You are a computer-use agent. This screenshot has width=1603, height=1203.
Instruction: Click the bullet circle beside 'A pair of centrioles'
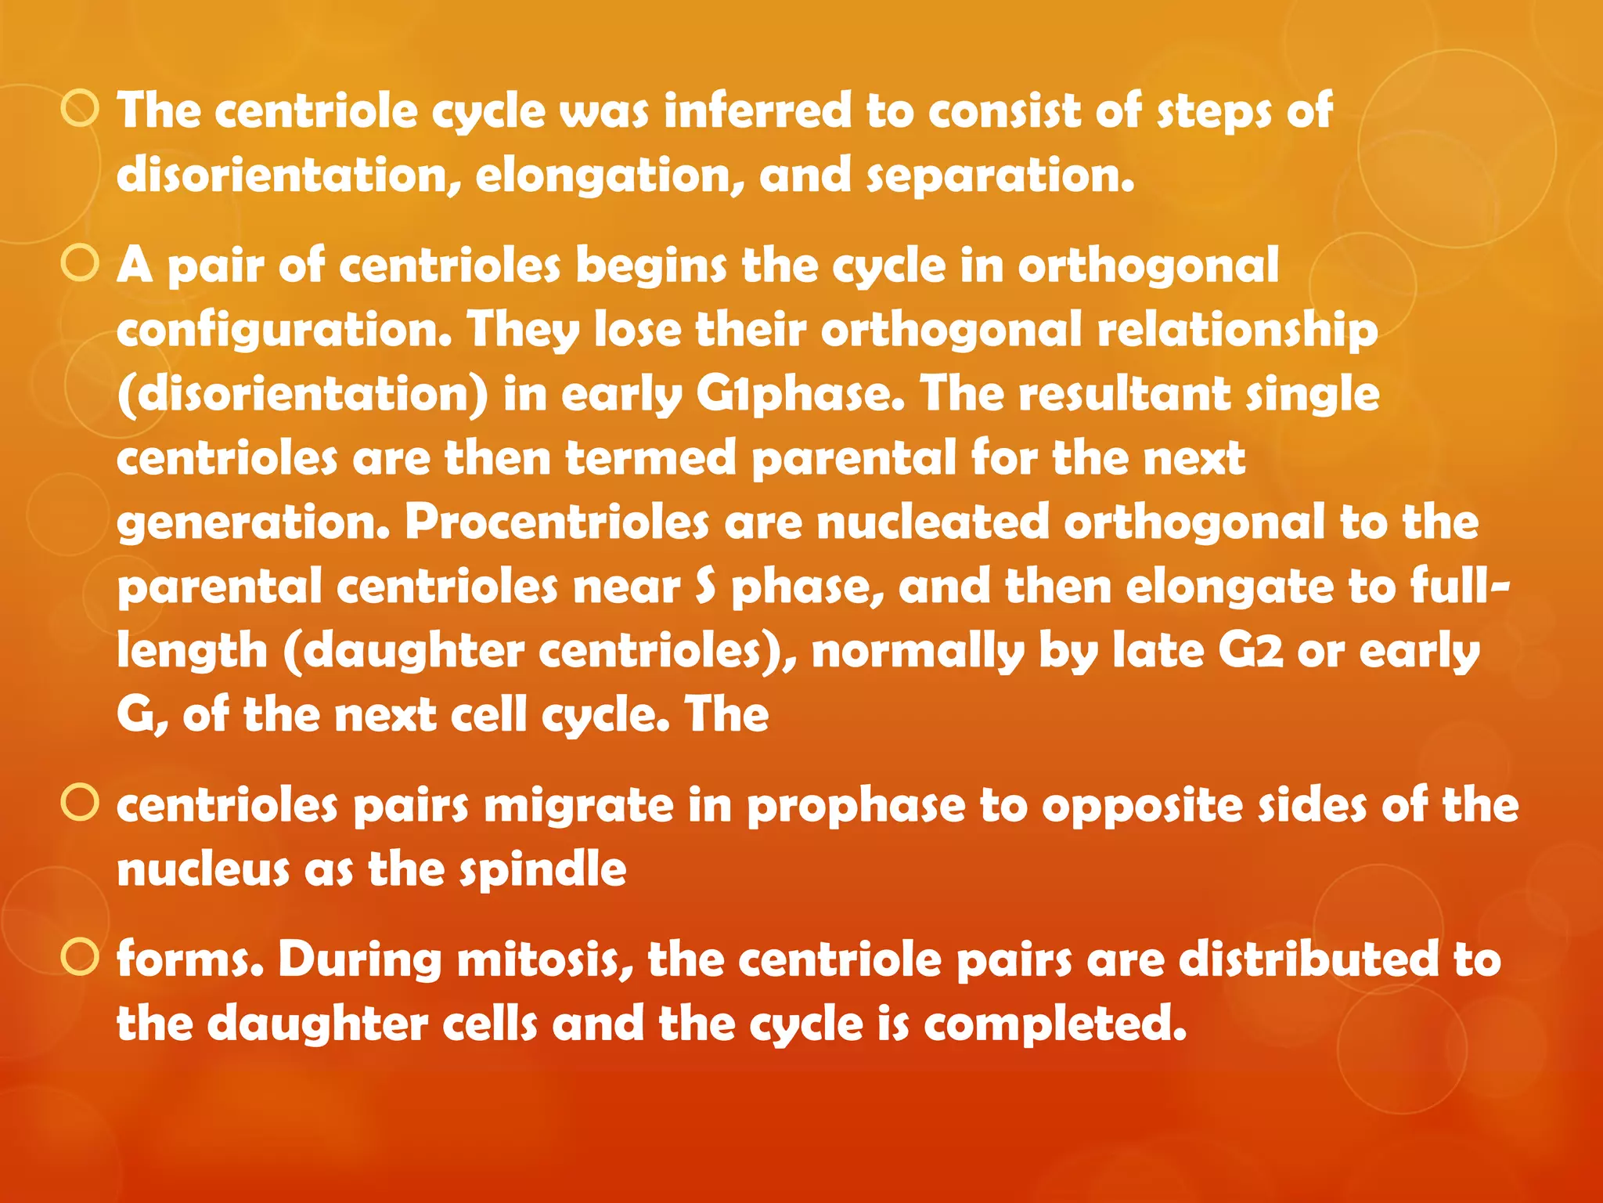80,264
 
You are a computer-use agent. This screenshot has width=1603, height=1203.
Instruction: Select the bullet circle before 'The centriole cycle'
80,109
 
